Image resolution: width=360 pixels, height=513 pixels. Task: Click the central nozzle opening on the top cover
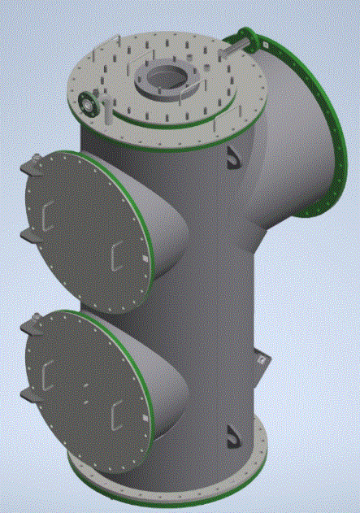tap(170, 78)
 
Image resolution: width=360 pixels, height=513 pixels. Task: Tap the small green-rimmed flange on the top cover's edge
tap(89, 103)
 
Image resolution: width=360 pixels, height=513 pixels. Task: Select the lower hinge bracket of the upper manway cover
tap(29, 234)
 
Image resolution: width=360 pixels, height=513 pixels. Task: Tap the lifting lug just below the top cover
tap(234, 154)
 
